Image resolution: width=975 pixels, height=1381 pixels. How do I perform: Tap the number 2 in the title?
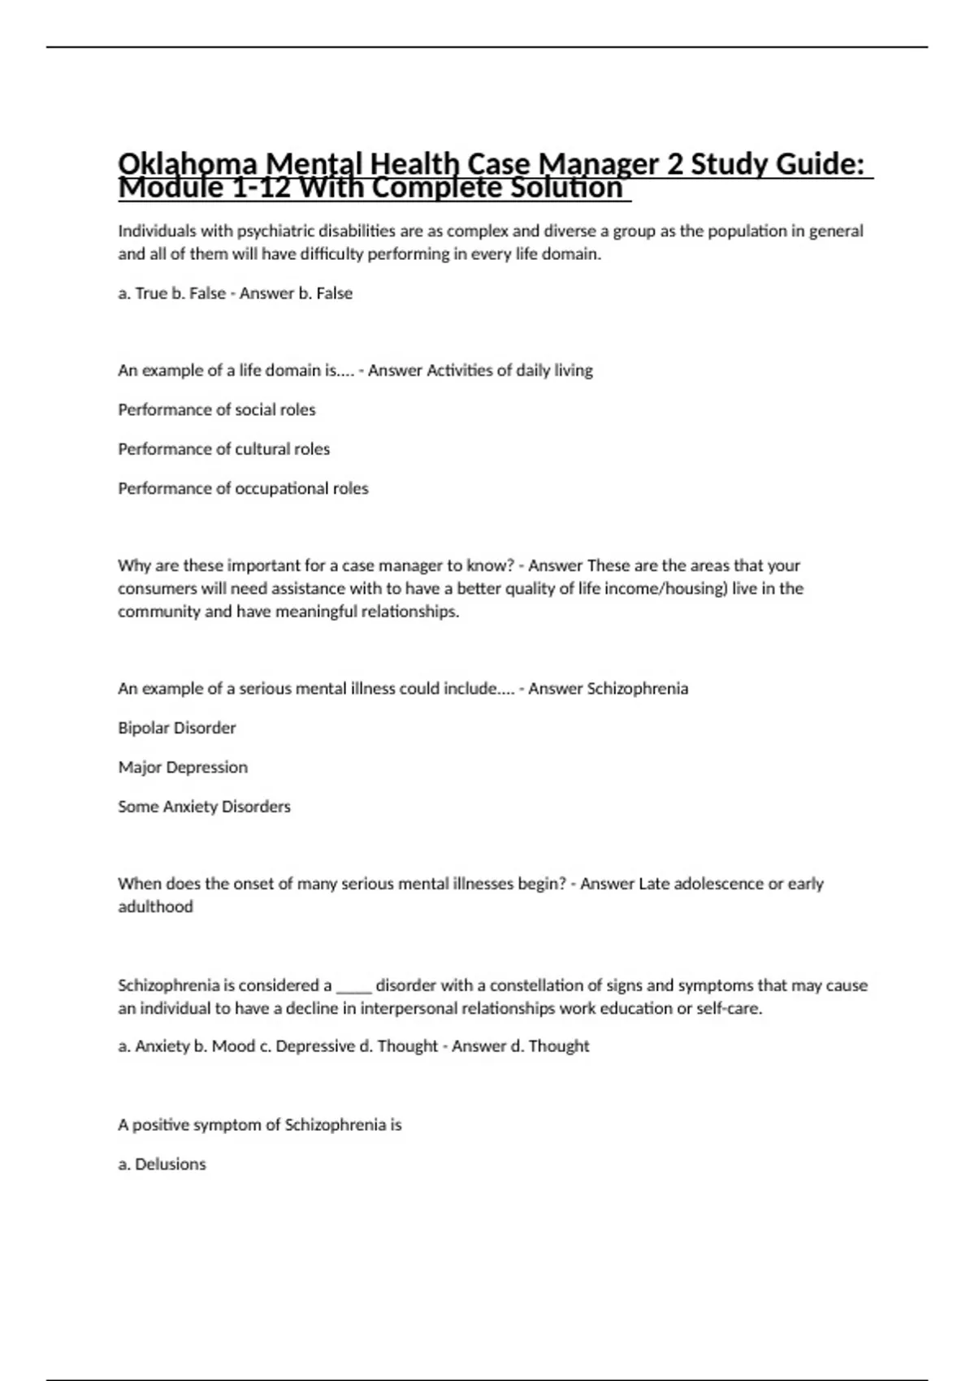[x=674, y=165]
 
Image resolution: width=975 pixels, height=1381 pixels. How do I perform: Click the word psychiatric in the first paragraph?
[x=275, y=231]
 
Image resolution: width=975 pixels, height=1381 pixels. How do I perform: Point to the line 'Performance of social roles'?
[x=216, y=409]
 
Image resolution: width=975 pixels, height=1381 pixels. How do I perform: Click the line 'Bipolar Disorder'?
[x=177, y=728]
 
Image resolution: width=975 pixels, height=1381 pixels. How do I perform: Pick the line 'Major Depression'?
[x=183, y=767]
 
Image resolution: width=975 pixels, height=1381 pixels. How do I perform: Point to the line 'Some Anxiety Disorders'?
[x=204, y=807]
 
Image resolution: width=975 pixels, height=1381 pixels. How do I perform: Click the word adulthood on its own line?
[x=155, y=907]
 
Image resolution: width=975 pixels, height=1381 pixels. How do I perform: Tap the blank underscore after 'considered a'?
[x=353, y=986]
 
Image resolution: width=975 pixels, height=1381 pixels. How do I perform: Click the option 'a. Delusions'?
[x=162, y=1164]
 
